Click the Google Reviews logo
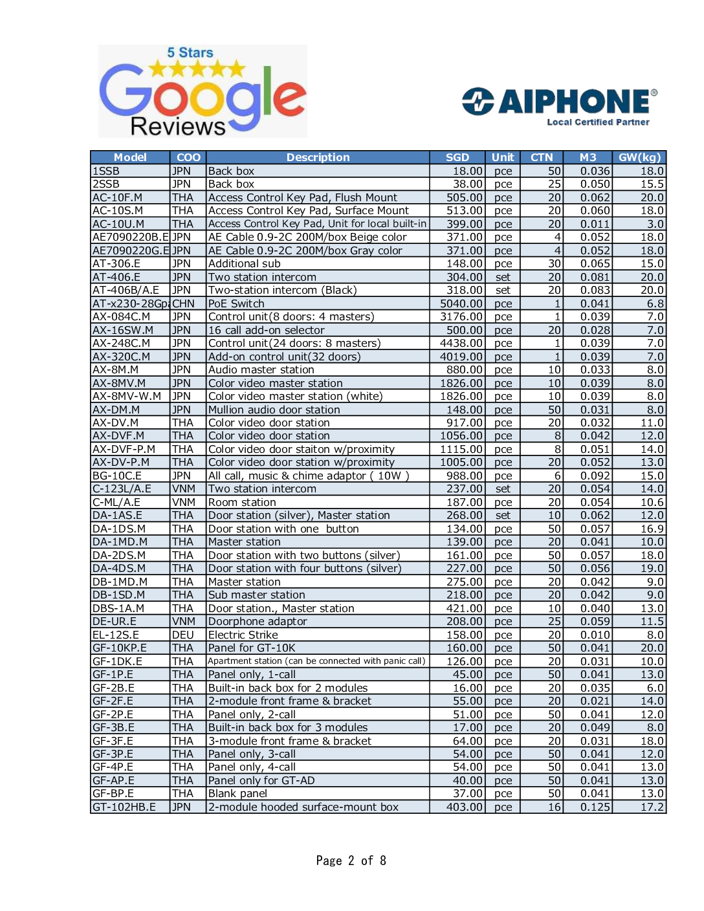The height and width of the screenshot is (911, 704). (x=203, y=91)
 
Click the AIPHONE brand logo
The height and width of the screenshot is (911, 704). (x=559, y=102)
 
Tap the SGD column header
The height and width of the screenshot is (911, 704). (x=457, y=157)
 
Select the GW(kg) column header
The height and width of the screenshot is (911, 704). (x=639, y=157)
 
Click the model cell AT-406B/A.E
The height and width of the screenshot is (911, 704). (x=126, y=290)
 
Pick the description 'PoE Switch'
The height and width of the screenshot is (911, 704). (x=236, y=303)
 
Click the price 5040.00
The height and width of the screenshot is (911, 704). (x=461, y=303)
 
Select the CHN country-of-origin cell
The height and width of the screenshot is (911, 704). (x=183, y=303)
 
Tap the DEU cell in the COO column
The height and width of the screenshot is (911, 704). (x=183, y=635)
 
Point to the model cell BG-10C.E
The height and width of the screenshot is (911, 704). (x=117, y=476)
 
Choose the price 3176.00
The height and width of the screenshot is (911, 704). (x=461, y=316)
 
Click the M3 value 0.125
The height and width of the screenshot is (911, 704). (x=595, y=807)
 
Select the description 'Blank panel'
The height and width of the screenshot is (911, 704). (x=237, y=793)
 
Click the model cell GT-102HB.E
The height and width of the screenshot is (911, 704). (x=124, y=807)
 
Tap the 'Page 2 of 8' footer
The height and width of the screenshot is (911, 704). (x=351, y=861)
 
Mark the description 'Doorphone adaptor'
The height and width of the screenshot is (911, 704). (x=258, y=621)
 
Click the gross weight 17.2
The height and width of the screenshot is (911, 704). (x=652, y=807)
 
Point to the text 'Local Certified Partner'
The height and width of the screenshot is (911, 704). (x=598, y=122)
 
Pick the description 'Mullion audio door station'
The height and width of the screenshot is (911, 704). (x=274, y=410)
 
